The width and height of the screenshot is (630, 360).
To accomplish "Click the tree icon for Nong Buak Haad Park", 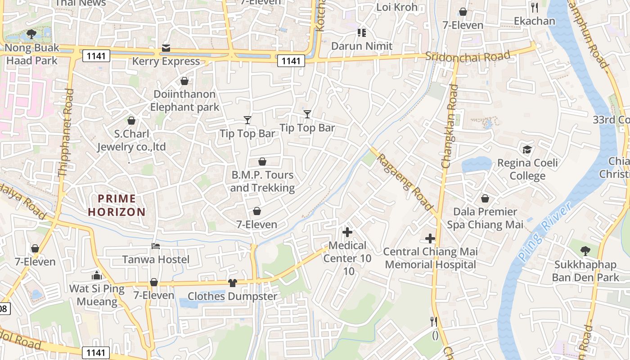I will tap(31, 34).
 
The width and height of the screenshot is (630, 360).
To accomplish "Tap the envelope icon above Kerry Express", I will tap(166, 48).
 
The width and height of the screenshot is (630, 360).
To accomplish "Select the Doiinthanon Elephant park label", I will tap(184, 101).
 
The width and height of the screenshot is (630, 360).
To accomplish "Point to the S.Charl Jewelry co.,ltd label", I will tap(131, 140).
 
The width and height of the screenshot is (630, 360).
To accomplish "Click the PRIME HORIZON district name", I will tap(117, 205).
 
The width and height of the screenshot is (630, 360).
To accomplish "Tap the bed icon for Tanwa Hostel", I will tap(156, 246).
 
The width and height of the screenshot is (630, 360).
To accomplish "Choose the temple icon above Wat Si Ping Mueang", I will tap(97, 275).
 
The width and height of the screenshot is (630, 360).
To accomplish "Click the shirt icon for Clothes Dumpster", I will tap(232, 283).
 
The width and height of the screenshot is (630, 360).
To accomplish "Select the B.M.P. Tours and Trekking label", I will tap(262, 181).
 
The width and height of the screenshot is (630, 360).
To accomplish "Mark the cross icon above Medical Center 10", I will tap(347, 232).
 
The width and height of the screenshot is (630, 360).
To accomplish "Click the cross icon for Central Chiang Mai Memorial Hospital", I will tap(430, 238).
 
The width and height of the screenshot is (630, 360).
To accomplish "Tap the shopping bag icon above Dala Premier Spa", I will tap(485, 198).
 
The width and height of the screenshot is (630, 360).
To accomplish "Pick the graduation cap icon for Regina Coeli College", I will tap(527, 149).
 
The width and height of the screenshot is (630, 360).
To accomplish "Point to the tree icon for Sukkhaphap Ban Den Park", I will tap(585, 251).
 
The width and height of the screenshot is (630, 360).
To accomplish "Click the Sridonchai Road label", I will tap(468, 56).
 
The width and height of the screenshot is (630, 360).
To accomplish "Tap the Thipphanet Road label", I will tap(66, 133).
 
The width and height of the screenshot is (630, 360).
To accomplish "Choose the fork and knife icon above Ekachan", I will tap(535, 8).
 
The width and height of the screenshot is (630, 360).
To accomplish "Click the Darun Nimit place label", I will tap(362, 46).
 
